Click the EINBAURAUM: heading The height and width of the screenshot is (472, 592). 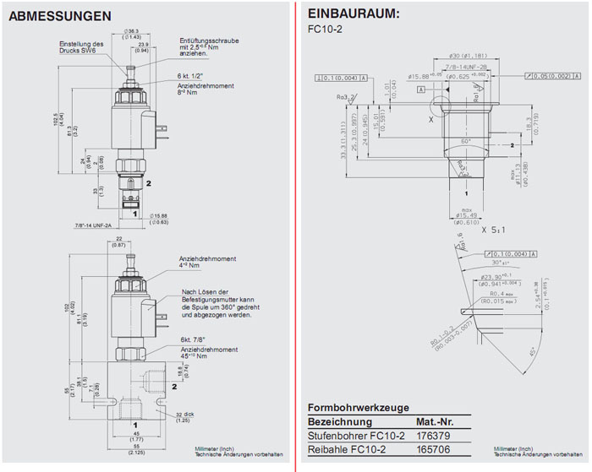tap(354, 14)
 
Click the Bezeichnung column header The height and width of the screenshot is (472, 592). tap(340, 421)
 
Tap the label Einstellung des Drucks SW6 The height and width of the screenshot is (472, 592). tap(81, 48)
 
